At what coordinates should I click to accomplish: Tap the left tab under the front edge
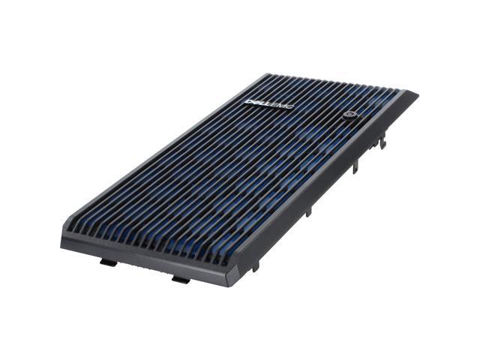pyautogui.click(x=108, y=262)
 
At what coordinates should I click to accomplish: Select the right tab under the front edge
pyautogui.click(x=181, y=279)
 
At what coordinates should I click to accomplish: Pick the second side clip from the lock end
pyautogui.click(x=355, y=166)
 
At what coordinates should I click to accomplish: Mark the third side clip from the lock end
pyautogui.click(x=307, y=212)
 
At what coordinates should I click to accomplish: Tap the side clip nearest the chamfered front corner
pyautogui.click(x=255, y=265)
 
